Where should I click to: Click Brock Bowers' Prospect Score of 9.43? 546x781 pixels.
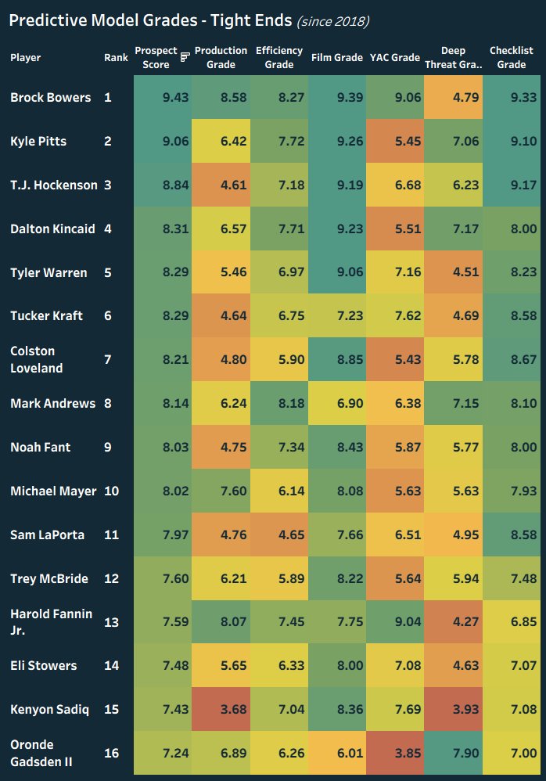point(163,98)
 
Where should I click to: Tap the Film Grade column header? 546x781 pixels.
point(337,57)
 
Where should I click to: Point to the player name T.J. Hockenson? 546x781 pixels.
point(53,185)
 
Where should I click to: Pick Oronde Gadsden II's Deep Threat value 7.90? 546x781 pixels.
point(454,754)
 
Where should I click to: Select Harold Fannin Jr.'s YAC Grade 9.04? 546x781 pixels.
point(396,622)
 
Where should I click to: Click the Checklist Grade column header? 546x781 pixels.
point(512,57)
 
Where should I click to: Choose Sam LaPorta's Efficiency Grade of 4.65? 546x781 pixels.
point(279,535)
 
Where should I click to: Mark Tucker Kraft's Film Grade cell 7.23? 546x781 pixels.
point(337,316)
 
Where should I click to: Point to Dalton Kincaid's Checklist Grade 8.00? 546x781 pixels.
point(512,229)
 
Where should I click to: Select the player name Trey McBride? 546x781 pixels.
point(48,579)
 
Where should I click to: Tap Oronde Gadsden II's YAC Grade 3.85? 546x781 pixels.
point(396,754)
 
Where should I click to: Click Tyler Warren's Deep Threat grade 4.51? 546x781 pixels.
point(454,273)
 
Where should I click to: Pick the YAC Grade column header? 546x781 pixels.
point(396,57)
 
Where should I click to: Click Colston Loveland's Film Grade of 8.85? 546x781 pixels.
point(337,360)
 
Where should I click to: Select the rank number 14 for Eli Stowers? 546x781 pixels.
point(111,666)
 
